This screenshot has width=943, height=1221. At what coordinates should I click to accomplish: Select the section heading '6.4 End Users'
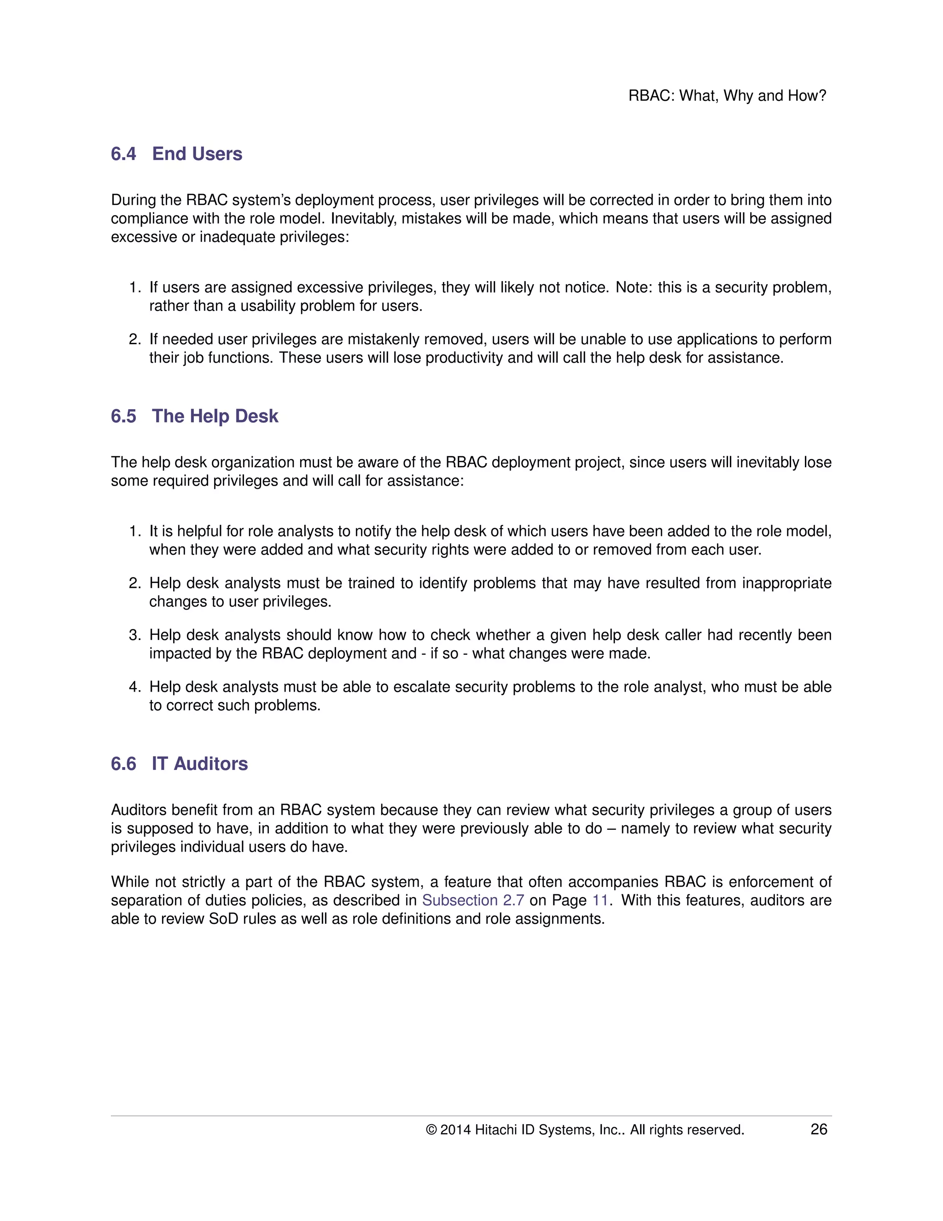pos(176,154)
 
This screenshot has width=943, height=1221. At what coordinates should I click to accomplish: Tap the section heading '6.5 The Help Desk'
pos(194,416)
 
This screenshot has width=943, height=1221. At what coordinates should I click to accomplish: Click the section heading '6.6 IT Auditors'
pos(179,763)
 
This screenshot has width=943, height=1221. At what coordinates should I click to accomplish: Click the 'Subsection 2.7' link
pos(472,900)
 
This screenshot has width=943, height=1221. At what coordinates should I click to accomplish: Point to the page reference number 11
pos(600,900)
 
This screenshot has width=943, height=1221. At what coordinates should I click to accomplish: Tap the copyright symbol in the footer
pos(431,1130)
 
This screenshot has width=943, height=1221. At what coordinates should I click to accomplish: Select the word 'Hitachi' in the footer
pos(495,1130)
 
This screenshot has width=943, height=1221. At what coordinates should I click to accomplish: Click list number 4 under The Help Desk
pos(134,687)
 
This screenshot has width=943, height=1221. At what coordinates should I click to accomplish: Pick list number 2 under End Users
pos(134,340)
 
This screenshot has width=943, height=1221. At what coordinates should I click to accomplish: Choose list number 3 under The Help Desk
pos(134,635)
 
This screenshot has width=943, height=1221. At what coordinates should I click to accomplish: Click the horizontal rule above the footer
pos(471,1116)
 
